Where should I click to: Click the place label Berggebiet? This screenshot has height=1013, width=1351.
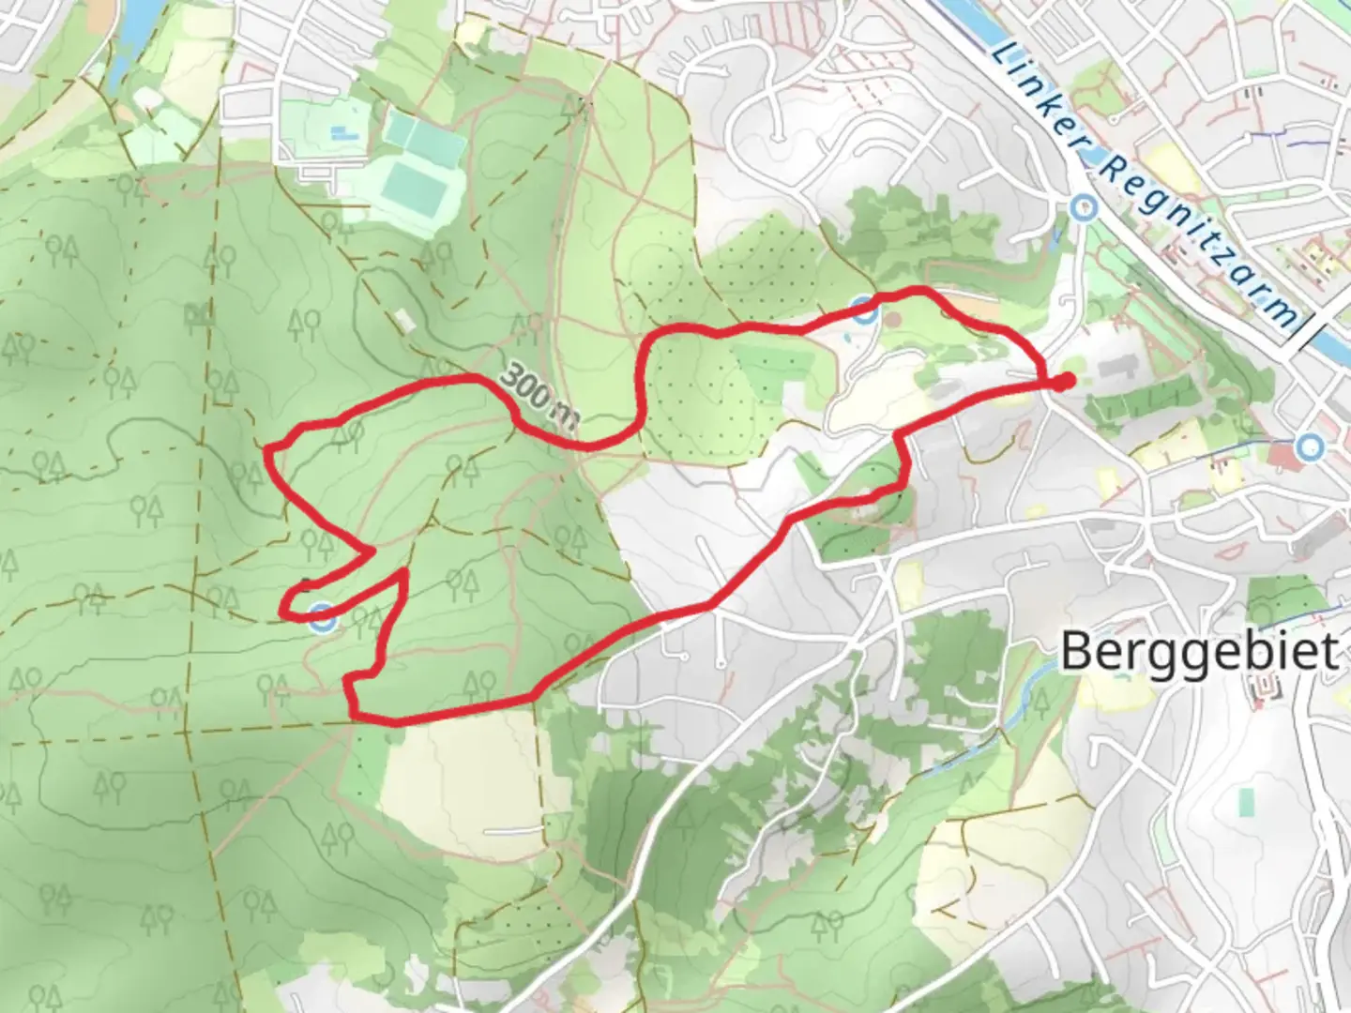[x=1199, y=651]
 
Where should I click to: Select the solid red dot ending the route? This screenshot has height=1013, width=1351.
[x=1063, y=381]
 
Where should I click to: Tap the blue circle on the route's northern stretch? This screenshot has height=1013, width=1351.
[x=865, y=310]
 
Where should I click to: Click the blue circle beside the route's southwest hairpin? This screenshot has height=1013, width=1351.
[x=323, y=618]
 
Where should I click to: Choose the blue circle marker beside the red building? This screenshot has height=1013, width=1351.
[x=1310, y=447]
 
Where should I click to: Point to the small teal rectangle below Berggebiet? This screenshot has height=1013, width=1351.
[x=1247, y=802]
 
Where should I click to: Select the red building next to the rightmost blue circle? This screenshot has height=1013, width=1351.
[x=1282, y=458]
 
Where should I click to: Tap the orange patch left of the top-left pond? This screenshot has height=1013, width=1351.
[x=102, y=11]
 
